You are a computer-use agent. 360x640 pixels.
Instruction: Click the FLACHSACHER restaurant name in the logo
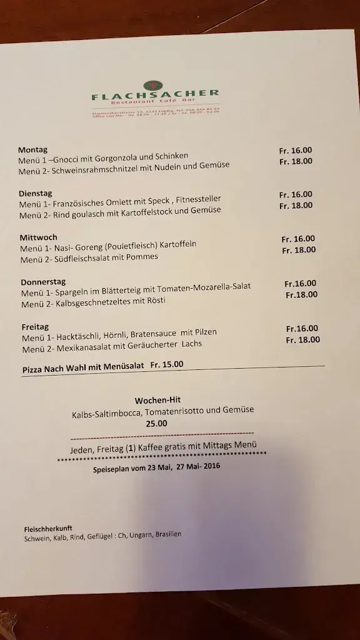click(155, 96)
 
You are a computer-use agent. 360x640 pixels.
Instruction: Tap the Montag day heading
click(33, 150)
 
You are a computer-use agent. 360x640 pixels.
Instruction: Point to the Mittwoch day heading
click(39, 237)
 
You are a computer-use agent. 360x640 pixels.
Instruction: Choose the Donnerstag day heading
click(43, 282)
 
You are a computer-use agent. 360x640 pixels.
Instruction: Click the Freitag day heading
click(35, 326)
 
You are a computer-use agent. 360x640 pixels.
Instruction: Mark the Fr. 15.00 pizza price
click(167, 364)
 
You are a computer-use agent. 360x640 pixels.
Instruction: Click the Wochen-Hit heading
click(157, 400)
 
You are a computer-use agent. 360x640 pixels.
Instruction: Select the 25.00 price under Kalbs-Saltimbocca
click(156, 423)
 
